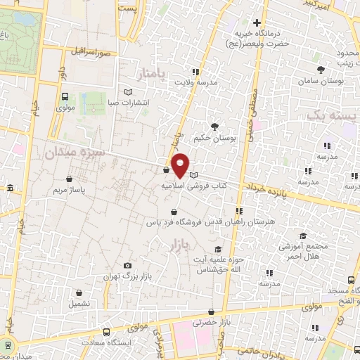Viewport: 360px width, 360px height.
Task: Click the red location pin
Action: pos(180,165)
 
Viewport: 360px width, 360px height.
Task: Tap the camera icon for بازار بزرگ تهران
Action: pos(127,265)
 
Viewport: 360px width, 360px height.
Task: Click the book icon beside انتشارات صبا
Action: pos(127,91)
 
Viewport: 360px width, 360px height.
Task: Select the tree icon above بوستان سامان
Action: pos(321,69)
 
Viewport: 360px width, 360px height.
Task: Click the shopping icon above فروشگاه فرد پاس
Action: pos(172,211)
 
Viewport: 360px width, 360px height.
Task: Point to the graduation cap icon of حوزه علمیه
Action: pos(218,249)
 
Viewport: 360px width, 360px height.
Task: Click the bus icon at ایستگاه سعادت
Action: pos(105,331)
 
